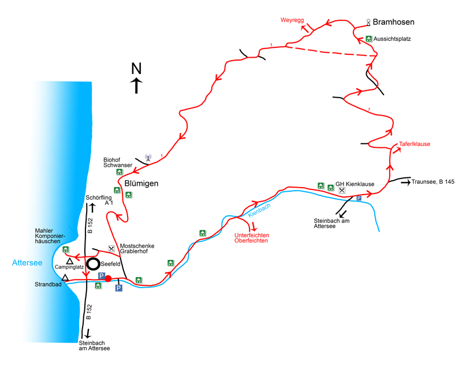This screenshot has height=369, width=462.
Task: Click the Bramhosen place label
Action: pyautogui.click(x=393, y=22)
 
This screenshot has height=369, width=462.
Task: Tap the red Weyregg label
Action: pyautogui.click(x=292, y=20)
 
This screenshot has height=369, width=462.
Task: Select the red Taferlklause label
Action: pyautogui.click(x=415, y=144)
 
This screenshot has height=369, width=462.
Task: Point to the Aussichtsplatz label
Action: pyautogui.click(x=392, y=39)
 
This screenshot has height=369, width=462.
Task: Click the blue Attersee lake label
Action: pyautogui.click(x=27, y=263)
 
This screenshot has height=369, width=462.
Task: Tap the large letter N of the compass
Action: pyautogui.click(x=136, y=68)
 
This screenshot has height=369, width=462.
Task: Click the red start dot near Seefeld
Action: pyautogui.click(x=108, y=278)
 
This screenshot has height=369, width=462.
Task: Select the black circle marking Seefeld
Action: pyautogui.click(x=93, y=264)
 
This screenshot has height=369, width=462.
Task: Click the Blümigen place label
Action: pyautogui.click(x=141, y=184)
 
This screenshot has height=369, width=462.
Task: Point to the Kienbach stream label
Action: pyautogui.click(x=259, y=210)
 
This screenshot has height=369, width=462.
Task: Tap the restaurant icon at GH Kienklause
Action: pyautogui.click(x=342, y=191)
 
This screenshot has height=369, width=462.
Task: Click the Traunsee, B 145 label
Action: pyautogui.click(x=433, y=182)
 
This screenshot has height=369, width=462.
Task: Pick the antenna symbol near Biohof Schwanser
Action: pyautogui.click(x=148, y=158)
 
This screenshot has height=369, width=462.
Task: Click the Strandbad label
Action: pyautogui.click(x=48, y=285)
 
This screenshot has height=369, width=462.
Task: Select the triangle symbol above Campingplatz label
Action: pyautogui.click(x=69, y=261)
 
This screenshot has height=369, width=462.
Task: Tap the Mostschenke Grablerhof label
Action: pyautogui.click(x=137, y=248)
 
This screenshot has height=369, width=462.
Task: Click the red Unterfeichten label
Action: pyautogui.click(x=252, y=235)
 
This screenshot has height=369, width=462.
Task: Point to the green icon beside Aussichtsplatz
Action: pyautogui.click(x=368, y=39)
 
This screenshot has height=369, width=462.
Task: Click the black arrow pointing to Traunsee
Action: pyautogui.click(x=406, y=182)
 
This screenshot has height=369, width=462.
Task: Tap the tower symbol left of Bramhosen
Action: pyautogui.click(x=368, y=23)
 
